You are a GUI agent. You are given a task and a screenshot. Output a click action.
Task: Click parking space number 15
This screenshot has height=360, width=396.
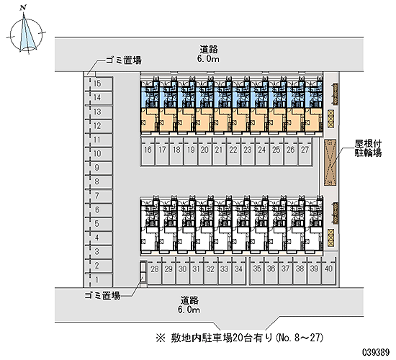tap(99, 84)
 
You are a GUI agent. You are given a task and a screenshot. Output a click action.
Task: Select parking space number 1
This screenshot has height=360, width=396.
tap(99, 280)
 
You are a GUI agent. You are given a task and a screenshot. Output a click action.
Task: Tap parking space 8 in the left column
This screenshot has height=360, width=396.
tap(99, 182)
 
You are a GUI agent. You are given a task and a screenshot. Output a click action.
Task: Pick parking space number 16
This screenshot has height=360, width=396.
tap(148, 152)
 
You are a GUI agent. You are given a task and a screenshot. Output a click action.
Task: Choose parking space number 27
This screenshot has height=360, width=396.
tap(305, 152)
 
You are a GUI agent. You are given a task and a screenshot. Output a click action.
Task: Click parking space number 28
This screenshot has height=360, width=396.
tap(155, 271)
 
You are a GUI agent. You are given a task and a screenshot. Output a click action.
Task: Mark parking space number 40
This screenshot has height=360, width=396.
tap(328, 271)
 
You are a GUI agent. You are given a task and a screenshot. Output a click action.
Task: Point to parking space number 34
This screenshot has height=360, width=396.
tap(238, 271)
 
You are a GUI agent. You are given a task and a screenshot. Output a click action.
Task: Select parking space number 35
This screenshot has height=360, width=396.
tap(257, 271)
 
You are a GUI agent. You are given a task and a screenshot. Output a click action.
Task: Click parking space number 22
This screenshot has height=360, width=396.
tap(233, 152)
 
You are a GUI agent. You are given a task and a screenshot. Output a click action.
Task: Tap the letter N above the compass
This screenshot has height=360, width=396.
tap(23, 8)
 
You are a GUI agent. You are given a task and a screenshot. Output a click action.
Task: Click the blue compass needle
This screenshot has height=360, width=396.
tap(27, 33)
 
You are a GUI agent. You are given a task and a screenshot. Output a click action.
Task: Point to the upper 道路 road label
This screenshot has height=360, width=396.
tap(209, 49)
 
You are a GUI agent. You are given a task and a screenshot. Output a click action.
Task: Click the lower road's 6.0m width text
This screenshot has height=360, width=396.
tap(189, 310)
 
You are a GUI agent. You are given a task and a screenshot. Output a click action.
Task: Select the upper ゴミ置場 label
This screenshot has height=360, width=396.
tap(124, 60)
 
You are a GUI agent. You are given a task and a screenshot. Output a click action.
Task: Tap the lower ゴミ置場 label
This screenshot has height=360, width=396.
tap(102, 295)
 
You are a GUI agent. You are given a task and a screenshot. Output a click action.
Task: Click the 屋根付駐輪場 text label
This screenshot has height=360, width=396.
tap(369, 148)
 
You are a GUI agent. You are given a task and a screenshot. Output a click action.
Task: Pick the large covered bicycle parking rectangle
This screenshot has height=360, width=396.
tap(330, 163)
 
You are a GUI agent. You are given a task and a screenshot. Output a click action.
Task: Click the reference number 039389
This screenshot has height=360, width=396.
tap(377, 352)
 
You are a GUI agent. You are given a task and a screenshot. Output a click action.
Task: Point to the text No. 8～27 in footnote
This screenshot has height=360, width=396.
tap(300, 338)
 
